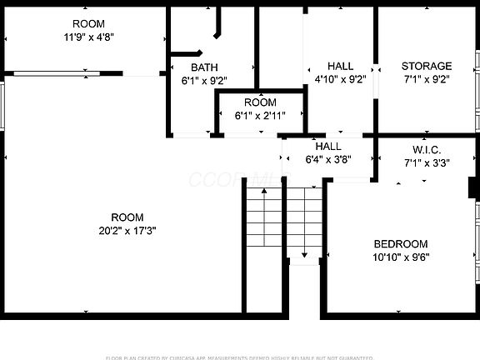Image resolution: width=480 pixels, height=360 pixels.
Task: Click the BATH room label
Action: coord(204,67)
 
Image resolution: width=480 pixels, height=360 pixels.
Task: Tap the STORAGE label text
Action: coord(427,66)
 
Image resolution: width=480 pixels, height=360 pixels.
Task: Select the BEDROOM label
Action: coord(401,243)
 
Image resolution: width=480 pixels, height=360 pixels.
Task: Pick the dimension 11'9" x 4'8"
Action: coord(89,37)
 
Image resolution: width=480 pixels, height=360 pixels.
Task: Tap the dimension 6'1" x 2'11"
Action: coord(260,116)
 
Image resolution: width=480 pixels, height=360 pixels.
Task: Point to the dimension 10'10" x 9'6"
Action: coord(401,257)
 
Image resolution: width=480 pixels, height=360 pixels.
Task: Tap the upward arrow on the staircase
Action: coord(265,192)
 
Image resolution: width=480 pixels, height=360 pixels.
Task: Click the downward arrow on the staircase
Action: coord(303,253)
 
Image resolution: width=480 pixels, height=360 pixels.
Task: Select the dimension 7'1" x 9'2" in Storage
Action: coord(427,81)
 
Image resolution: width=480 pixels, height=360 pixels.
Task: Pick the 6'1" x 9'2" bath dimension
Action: coord(204,81)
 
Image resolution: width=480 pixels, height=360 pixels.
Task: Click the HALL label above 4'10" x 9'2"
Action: coord(340,67)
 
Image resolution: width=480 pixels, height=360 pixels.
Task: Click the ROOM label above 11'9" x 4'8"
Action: coord(89,23)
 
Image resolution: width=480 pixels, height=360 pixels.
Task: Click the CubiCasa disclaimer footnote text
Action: coord(240,357)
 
